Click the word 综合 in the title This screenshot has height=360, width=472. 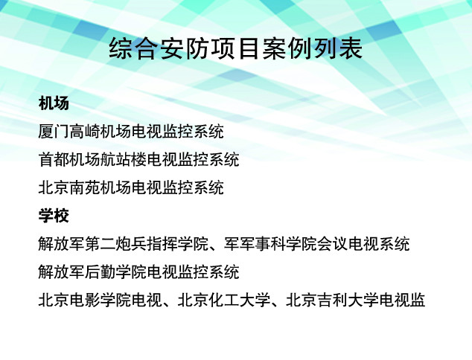134,48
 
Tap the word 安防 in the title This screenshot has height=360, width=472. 185,48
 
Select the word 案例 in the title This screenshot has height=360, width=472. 287,48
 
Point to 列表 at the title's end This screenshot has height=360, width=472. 337,48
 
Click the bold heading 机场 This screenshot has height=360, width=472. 54,103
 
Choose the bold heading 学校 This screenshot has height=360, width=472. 54,216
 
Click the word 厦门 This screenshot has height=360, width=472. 54,132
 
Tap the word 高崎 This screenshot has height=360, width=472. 85,132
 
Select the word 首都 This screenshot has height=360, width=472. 54,159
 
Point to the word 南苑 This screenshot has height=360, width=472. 85,187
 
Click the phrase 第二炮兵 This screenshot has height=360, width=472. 115,244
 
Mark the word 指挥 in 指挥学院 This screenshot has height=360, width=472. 162,244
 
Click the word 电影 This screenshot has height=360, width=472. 85,300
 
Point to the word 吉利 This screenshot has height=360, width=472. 332,300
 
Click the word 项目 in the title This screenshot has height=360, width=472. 235,48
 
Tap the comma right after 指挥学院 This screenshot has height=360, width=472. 214,248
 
